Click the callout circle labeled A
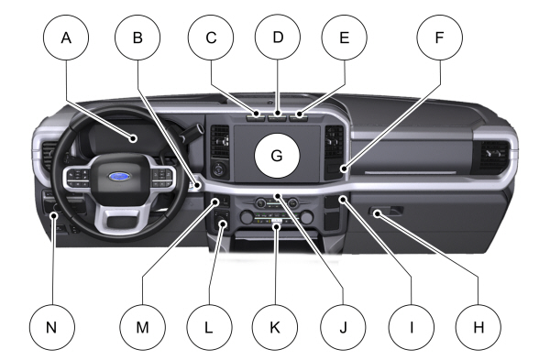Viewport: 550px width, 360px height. (x=66, y=38)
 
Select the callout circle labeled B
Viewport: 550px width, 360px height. (x=137, y=38)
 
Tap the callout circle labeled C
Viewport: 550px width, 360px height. (x=211, y=38)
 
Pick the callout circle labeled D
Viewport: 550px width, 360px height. (x=278, y=38)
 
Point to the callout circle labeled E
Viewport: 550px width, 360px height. (x=345, y=38)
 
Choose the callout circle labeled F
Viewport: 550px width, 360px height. (x=439, y=38)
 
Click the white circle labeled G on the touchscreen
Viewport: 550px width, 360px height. (x=277, y=156)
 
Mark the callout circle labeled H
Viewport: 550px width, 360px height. (x=478, y=327)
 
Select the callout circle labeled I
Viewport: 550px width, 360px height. (x=411, y=327)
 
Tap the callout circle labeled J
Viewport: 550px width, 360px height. (x=344, y=327)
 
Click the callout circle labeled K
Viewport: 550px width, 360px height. (x=275, y=327)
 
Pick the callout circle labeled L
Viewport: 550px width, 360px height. (x=209, y=327)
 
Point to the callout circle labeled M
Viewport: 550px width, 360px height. (x=142, y=327)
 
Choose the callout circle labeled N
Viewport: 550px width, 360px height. (x=52, y=327)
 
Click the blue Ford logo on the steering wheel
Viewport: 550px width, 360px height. (x=119, y=176)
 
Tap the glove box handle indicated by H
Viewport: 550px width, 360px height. (x=386, y=212)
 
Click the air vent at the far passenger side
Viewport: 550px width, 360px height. (x=494, y=154)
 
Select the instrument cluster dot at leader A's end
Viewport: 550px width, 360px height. (x=133, y=138)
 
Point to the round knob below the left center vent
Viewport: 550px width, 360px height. (x=219, y=169)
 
